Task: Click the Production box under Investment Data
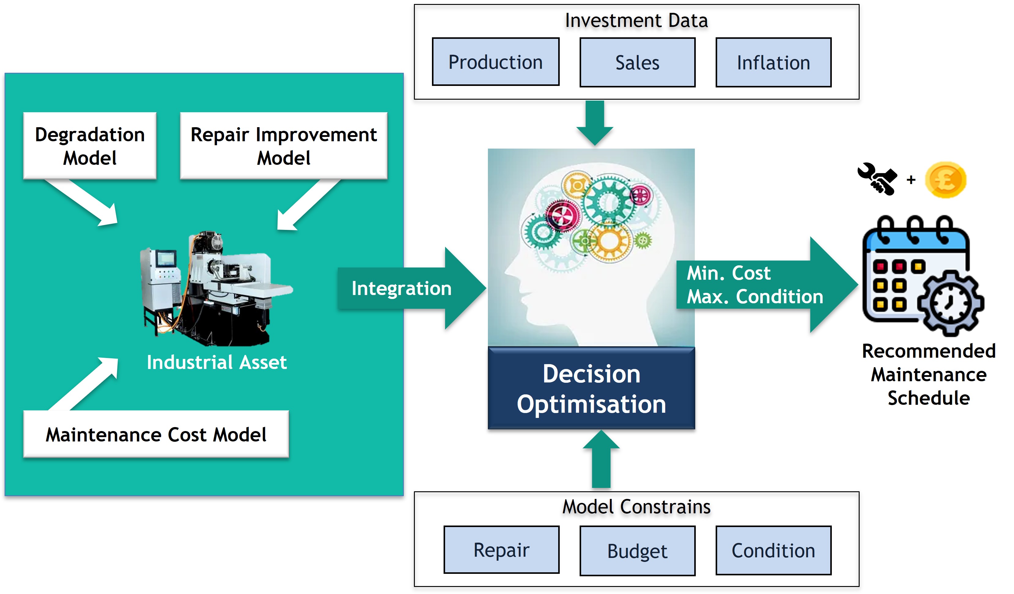point(495,62)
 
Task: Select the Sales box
point(637,62)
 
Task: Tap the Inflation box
point(773,62)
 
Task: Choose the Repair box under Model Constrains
point(501,550)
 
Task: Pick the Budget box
point(637,551)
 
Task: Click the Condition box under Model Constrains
point(773,551)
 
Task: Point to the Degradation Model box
point(90,146)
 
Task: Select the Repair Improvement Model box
point(283,146)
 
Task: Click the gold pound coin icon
point(945,180)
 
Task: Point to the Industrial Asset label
point(216,362)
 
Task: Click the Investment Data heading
point(636,20)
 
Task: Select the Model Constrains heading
point(636,506)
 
